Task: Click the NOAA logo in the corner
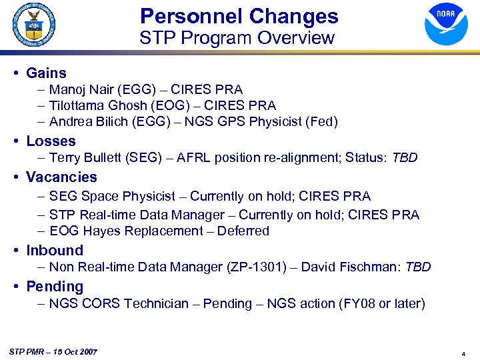446,24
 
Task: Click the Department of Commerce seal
33,24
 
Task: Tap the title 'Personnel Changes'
239,16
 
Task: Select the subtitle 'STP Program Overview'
237,38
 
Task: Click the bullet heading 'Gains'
46,73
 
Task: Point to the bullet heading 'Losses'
51,141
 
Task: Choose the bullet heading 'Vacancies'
61,177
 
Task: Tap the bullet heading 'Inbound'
55,251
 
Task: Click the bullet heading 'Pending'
55,287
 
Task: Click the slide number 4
463,353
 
